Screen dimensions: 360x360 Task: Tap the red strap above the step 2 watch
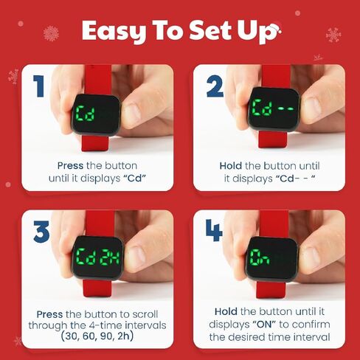click(274, 76)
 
